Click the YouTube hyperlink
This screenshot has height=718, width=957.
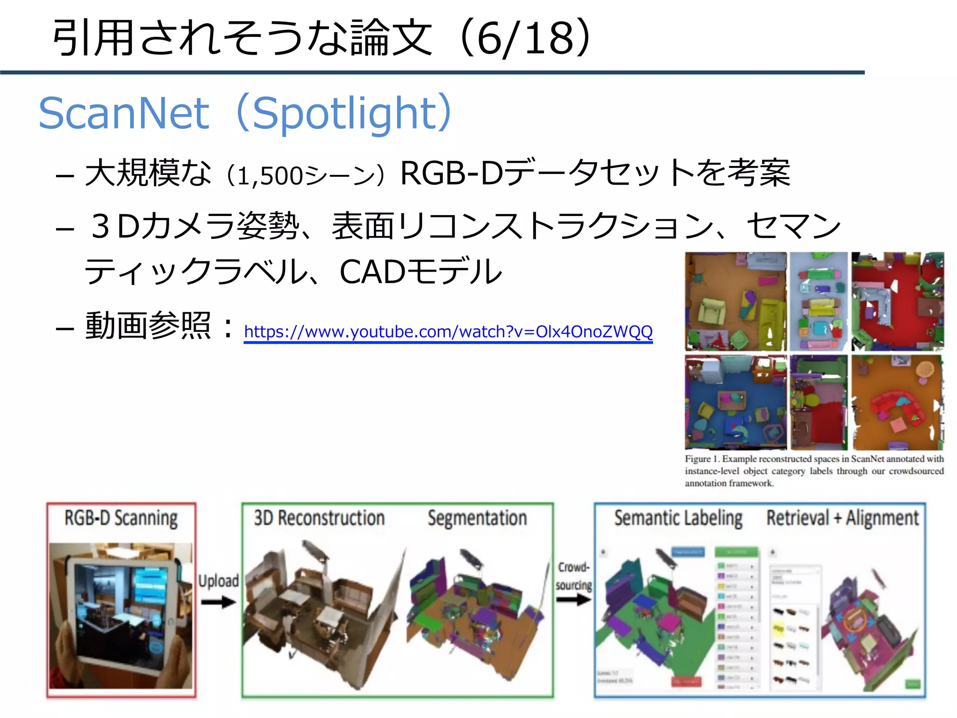pos(448,331)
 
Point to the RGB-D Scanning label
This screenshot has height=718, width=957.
pos(121,518)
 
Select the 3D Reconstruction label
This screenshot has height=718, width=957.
pos(319,518)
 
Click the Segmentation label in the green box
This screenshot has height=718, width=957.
pos(477,518)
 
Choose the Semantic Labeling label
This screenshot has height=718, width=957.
pos(678,518)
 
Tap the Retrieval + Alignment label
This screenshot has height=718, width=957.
pos(843,518)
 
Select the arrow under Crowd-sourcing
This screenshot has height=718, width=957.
pos(574,599)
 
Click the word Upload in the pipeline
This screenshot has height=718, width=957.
pos(218,581)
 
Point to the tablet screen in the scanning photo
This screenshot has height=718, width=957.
pos(121,608)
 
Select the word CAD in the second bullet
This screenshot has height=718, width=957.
pos(372,272)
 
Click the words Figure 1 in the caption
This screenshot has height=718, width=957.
pos(702,459)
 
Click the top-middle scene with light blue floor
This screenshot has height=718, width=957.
pos(818,302)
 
